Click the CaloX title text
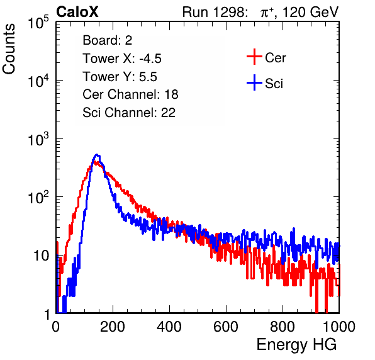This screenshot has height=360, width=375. tap(77, 12)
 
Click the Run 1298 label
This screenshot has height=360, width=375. tap(215, 12)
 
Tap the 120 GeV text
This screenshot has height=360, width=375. tap(310, 12)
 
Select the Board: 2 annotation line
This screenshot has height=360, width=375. tap(108, 40)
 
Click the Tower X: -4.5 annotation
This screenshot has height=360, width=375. tap(122, 59)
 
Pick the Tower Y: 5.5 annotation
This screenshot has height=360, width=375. tap(120, 77)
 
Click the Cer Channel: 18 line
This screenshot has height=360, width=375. tap(130, 94)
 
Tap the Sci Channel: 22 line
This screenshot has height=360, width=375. tap(129, 113)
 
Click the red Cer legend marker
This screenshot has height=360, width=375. tap(254, 57)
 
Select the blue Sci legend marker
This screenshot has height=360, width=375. tap(254, 83)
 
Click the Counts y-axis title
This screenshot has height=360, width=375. tap(9, 49)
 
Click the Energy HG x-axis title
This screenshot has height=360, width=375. tap(296, 345)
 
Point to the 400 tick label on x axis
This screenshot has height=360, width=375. tap(169, 327)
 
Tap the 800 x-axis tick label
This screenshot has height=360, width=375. tap(283, 327)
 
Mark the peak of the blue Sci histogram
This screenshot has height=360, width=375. tap(97, 155)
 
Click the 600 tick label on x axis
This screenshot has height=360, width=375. tap(226, 327)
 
